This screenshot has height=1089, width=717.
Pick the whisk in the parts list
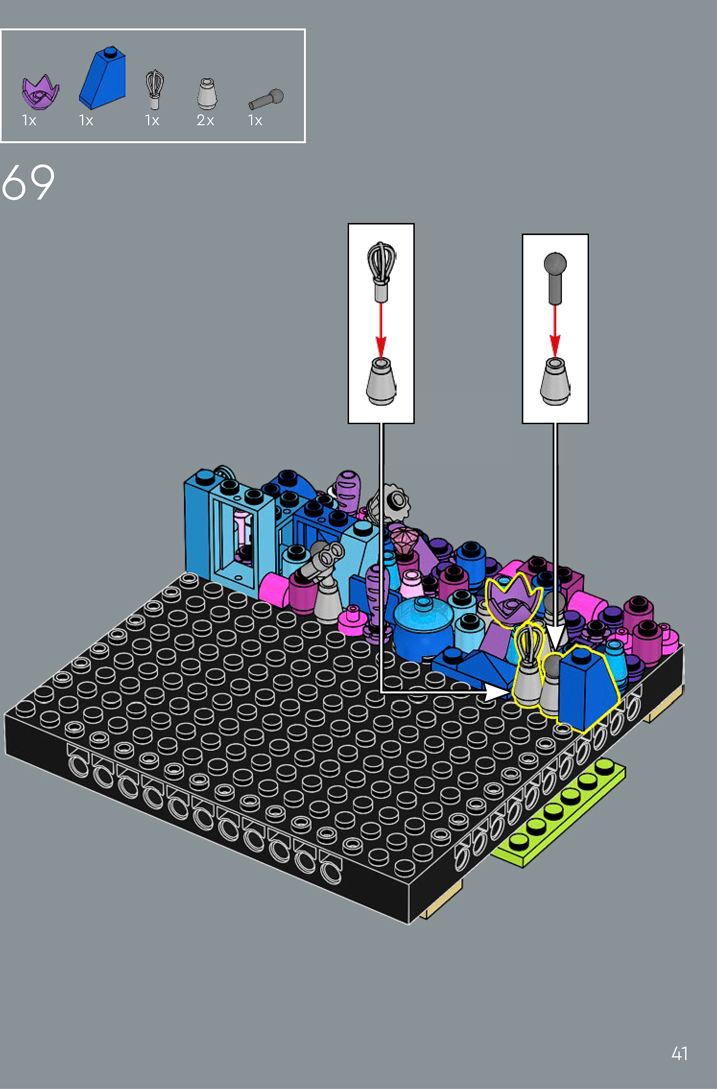155,89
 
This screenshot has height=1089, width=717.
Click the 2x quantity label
205,120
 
